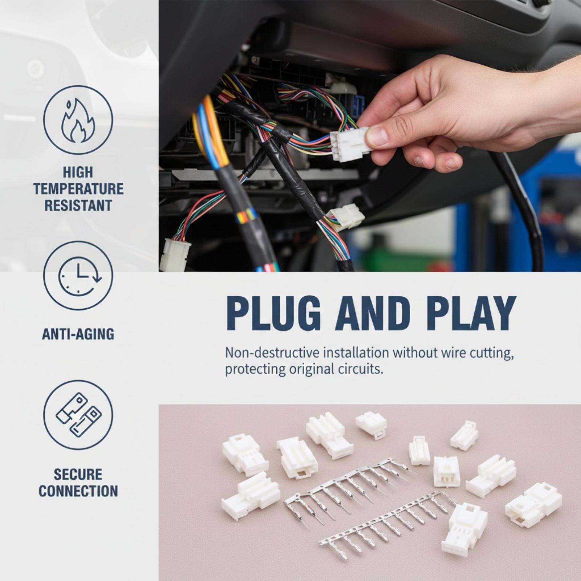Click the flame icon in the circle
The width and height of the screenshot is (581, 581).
[x=78, y=120]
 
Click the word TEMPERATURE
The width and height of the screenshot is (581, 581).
[x=78, y=189]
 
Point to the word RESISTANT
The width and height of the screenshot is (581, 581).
[x=78, y=206]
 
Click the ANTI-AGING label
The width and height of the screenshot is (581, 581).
[x=78, y=334]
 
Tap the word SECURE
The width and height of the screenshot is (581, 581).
[x=78, y=474]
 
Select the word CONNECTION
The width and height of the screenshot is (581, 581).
[x=78, y=491]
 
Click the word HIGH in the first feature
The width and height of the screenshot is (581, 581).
[x=78, y=172]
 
